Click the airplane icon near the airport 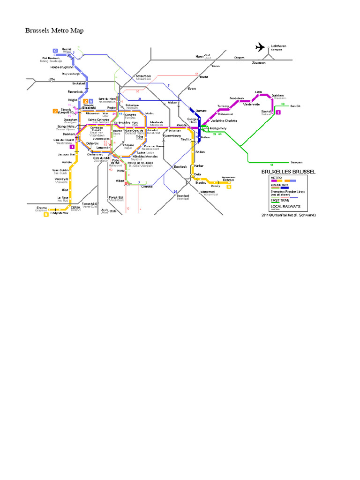(260, 46)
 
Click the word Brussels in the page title (37, 30)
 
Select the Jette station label (52, 80)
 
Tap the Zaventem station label (258, 62)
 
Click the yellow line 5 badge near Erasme (46, 215)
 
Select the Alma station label (258, 92)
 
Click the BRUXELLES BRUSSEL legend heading (288, 172)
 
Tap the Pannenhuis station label (75, 91)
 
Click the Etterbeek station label (180, 166)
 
